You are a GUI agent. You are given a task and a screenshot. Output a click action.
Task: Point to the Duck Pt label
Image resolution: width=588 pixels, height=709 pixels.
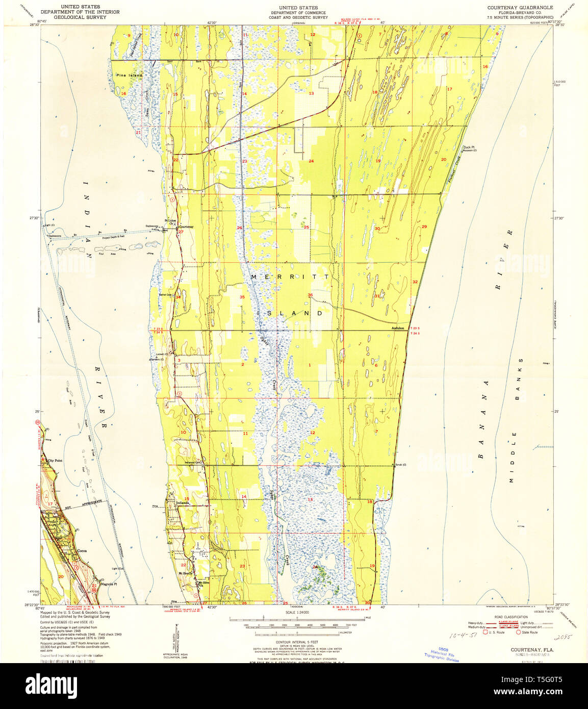468,147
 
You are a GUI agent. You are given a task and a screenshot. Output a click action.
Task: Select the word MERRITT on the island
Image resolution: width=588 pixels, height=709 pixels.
290,276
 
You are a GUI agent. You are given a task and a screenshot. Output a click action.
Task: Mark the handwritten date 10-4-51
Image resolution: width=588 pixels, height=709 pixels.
461,637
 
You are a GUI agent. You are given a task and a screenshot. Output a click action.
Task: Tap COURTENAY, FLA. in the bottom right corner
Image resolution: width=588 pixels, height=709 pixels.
532,650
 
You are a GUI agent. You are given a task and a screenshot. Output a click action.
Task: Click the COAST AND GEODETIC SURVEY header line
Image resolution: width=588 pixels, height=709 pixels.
298,17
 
